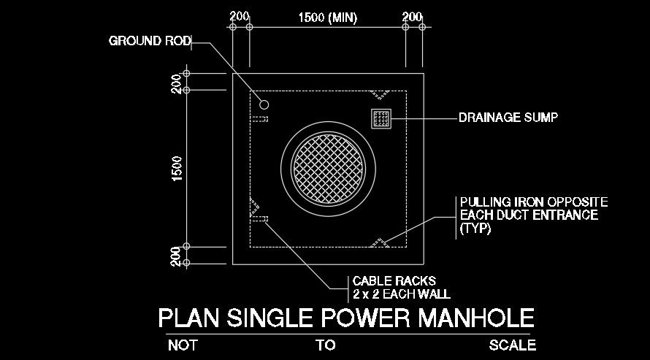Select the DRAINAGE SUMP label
tap(508, 117)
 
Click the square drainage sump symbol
tap(381, 119)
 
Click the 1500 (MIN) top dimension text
tap(328, 18)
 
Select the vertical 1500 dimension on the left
tap(177, 169)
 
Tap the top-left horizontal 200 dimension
tap(240, 17)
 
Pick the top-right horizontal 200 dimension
tap(412, 17)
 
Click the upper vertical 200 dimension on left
tap(177, 83)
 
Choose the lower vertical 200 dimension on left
tap(177, 256)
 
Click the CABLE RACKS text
tap(394, 280)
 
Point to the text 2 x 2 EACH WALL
tap(401, 294)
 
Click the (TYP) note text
tap(475, 229)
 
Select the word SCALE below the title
tap(512, 345)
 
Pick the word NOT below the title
tap(183, 345)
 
